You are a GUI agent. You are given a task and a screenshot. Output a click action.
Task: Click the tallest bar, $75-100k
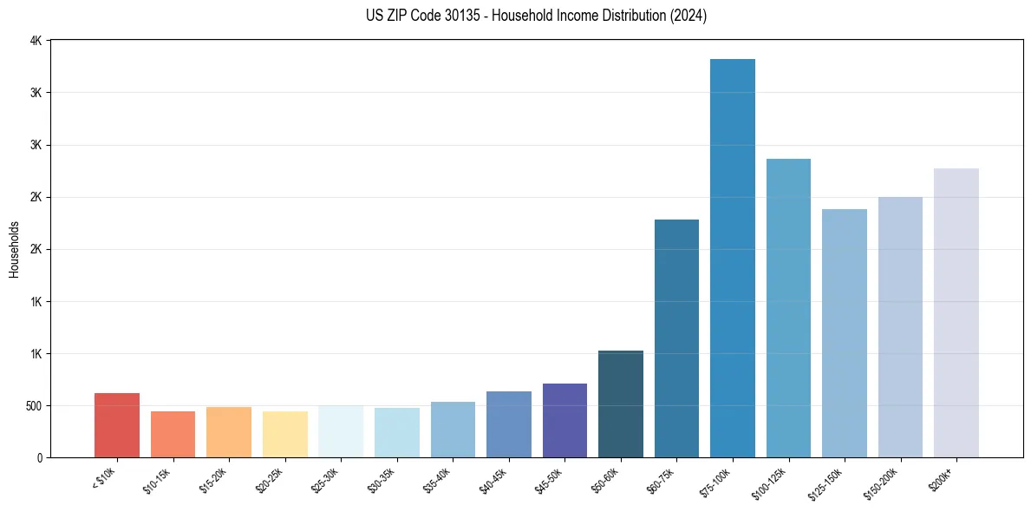733,260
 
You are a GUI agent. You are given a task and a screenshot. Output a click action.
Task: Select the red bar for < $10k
117,425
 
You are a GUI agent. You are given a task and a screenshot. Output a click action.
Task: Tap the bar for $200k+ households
956,312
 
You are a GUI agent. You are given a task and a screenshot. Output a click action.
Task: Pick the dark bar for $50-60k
621,404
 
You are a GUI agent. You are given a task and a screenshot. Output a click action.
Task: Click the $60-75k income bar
676,338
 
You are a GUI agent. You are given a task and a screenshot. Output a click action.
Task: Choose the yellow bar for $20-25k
285,434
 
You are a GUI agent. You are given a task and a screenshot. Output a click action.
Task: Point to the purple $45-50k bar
564,421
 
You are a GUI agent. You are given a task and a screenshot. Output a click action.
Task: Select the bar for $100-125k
788,308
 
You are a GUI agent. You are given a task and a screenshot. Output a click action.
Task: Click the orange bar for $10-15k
173,434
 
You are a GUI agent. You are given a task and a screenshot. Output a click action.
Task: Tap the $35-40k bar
453,430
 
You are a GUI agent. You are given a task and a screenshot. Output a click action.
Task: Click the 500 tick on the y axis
35,406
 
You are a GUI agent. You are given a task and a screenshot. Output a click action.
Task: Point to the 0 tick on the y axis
41,458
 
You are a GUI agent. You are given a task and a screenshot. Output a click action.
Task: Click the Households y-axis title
14,249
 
